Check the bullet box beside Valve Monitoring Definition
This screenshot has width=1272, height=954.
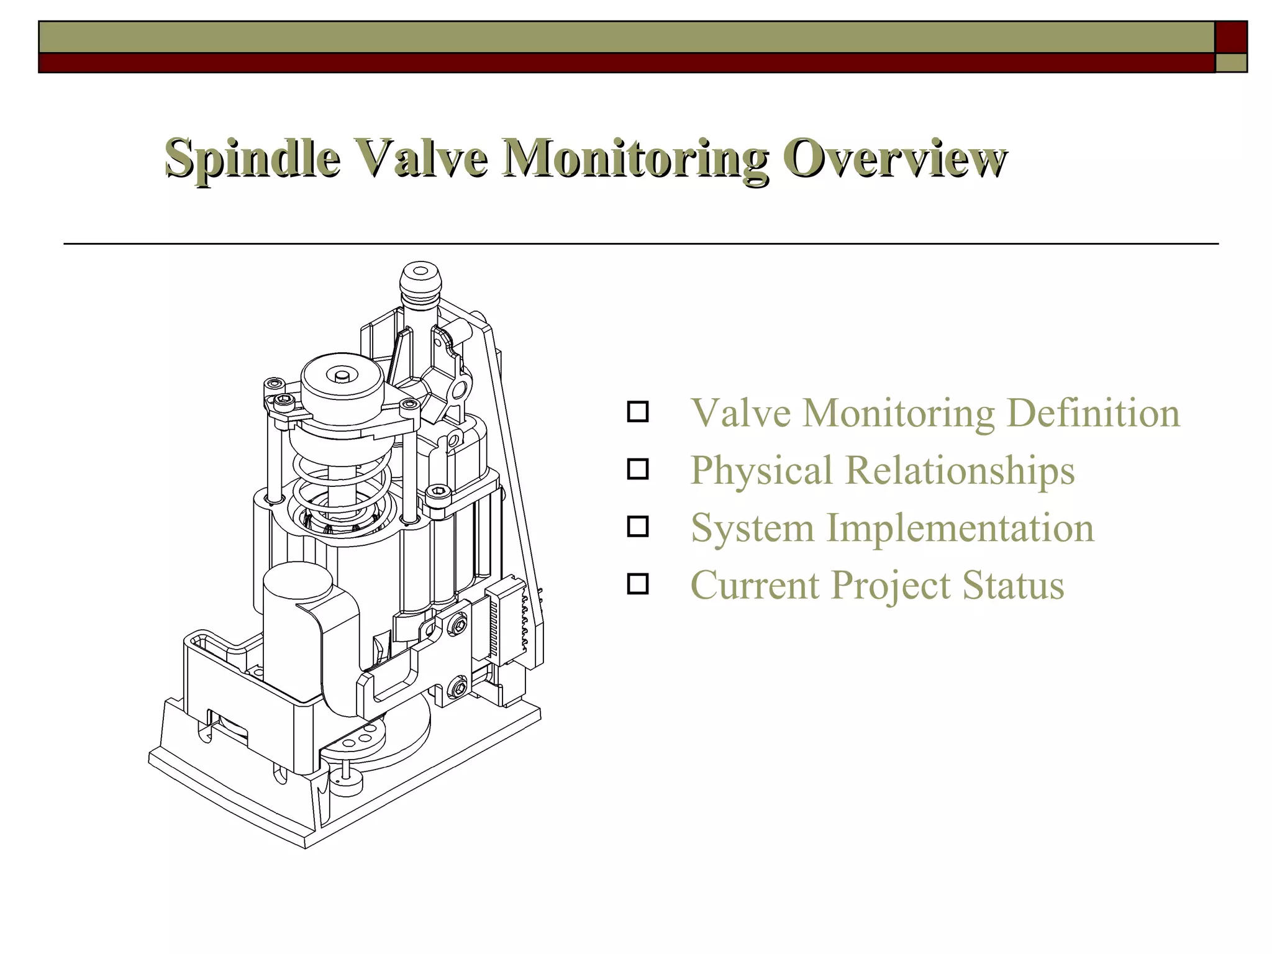[638, 412]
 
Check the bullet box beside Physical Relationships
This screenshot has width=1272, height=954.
[638, 469]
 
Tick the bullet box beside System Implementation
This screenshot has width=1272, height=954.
[638, 527]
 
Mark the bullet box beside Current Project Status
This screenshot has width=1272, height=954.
[638, 584]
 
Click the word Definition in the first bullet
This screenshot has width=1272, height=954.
[1093, 413]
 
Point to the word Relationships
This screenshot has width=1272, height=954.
[960, 470]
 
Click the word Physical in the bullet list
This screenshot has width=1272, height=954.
[761, 470]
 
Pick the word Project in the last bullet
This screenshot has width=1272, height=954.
[891, 586]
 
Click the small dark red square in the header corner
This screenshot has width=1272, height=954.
[1231, 37]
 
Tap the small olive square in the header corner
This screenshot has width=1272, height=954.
[1231, 63]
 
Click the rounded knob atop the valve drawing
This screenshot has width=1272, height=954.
[420, 278]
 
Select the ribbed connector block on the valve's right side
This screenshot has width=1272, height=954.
[506, 615]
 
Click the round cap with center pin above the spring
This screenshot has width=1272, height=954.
[342, 379]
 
